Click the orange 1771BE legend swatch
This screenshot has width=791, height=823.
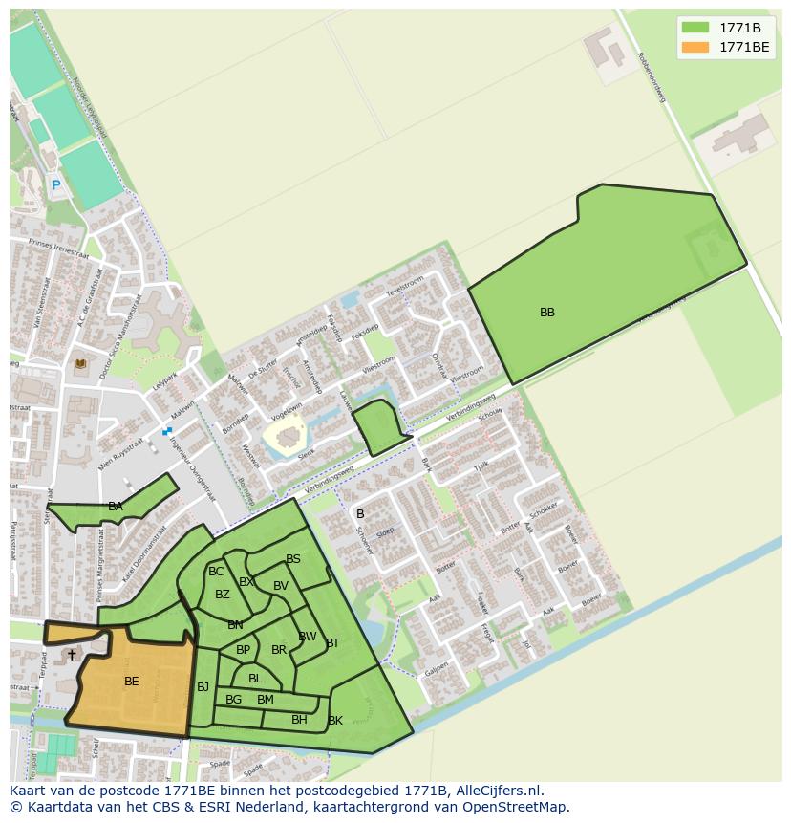tap(695, 47)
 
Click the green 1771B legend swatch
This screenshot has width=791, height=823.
tap(695, 28)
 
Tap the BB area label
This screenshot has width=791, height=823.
tap(547, 313)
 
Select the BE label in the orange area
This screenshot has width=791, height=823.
tap(132, 682)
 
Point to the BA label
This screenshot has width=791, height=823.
tap(116, 507)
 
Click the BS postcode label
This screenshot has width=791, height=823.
tap(293, 560)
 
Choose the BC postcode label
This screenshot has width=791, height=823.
tap(216, 572)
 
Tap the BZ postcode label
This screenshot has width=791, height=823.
tap(223, 595)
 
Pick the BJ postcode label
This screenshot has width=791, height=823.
tap(203, 687)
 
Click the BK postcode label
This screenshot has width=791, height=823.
tap(335, 721)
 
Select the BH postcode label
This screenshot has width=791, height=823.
tap(299, 720)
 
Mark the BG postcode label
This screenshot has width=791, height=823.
tap(233, 700)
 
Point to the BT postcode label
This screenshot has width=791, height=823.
tap(332, 643)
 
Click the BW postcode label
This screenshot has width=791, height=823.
tap(308, 637)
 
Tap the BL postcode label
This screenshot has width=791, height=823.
tap(255, 679)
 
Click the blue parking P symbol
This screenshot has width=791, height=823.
tap(55, 185)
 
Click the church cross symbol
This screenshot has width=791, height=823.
tap(72, 655)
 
